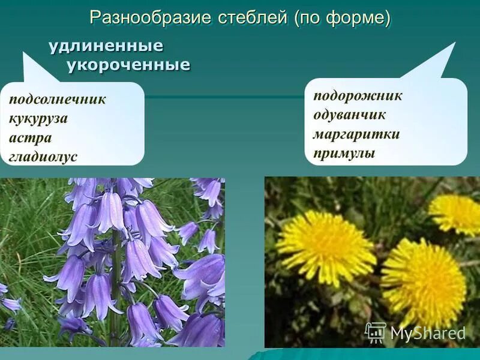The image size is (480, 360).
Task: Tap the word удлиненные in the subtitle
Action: [106, 46]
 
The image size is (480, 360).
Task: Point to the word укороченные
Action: [128, 64]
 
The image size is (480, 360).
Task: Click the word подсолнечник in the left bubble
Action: [58, 99]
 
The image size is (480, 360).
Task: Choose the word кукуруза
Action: [38, 118]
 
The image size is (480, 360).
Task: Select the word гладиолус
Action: [43, 157]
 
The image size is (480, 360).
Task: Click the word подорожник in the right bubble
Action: [358, 96]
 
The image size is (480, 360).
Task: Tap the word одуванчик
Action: [349, 115]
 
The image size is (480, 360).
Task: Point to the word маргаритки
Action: [356, 134]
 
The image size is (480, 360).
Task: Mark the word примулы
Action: [344, 153]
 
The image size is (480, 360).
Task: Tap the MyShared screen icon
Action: [376, 332]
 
